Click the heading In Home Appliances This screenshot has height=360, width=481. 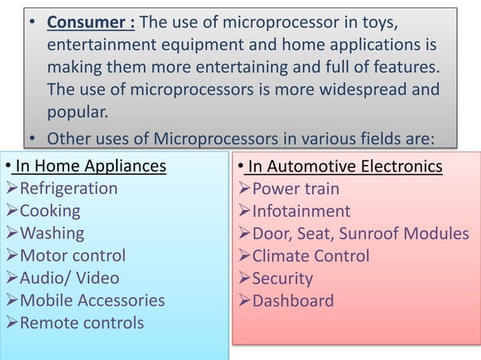pyautogui.click(x=91, y=165)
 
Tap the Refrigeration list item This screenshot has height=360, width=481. pyautogui.click(x=69, y=188)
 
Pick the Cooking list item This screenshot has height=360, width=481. pyautogui.click(x=50, y=210)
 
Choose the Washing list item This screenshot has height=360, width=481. pyautogui.click(x=52, y=233)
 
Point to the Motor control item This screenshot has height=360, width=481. pyautogui.click(x=72, y=255)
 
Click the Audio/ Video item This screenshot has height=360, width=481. pyautogui.click(x=69, y=278)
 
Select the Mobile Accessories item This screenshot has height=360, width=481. pyautogui.click(x=92, y=301)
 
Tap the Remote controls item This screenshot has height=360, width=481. pyautogui.click(x=81, y=323)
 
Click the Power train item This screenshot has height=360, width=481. pyautogui.click(x=296, y=188)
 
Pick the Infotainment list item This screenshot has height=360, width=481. pyautogui.click(x=301, y=211)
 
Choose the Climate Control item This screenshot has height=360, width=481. pyautogui.click(x=311, y=256)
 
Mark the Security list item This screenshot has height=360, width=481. pyautogui.click(x=282, y=279)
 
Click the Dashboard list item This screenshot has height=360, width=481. pyautogui.click(x=293, y=301)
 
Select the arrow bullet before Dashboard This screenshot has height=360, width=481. pyautogui.click(x=244, y=301)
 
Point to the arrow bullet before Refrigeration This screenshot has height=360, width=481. pyautogui.click(x=11, y=188)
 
